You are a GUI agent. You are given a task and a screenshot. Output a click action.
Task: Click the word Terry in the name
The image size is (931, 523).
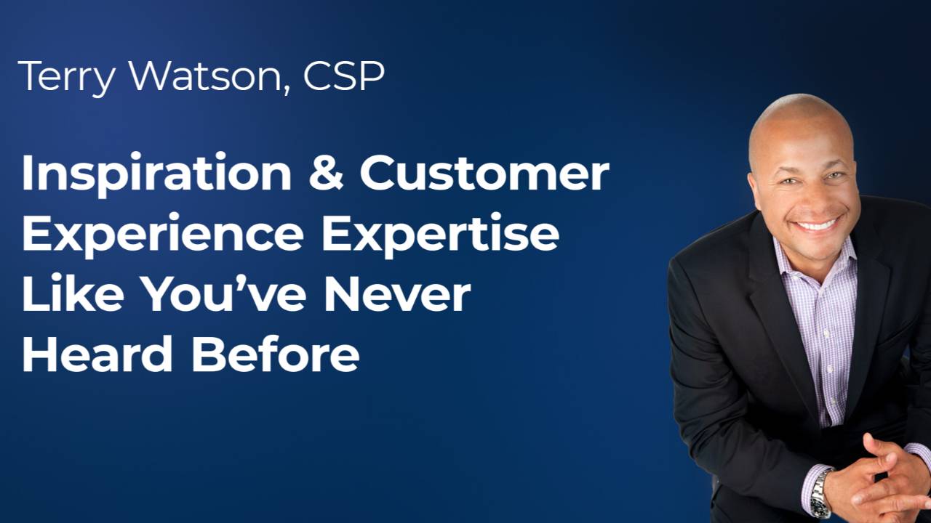(64, 76)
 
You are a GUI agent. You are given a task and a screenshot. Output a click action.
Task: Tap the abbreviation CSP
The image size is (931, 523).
(344, 76)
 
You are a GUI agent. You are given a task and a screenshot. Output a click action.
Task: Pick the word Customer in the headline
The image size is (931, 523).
(484, 174)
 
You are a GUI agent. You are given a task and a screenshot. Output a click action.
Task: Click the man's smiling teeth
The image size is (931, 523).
(815, 224)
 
